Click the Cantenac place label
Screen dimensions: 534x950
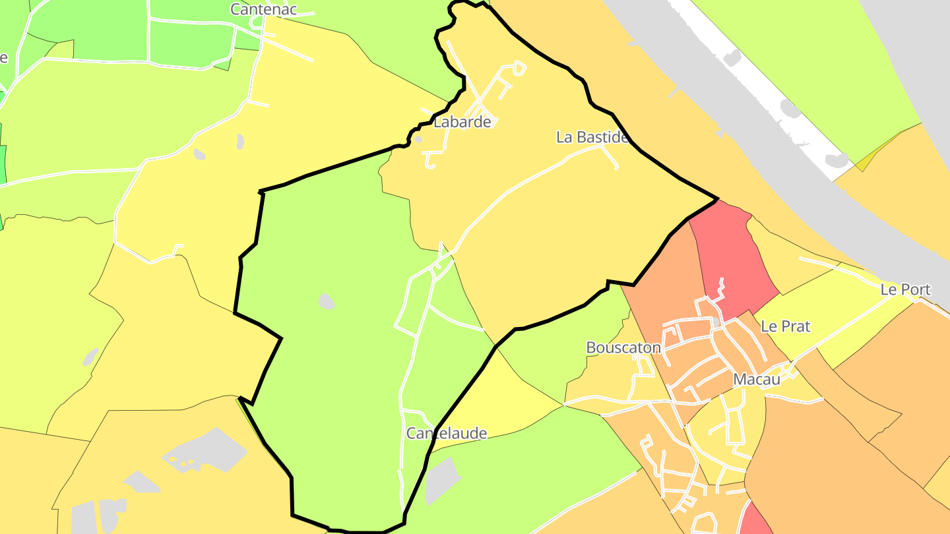(263, 9)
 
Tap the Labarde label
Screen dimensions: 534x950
(462, 122)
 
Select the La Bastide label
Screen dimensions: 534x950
(592, 137)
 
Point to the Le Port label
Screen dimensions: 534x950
(905, 289)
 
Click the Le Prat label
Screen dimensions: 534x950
(785, 326)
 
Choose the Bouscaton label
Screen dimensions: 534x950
(623, 347)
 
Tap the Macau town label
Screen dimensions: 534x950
(757, 380)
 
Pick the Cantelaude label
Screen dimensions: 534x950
(447, 434)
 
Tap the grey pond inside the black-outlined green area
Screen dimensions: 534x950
(327, 302)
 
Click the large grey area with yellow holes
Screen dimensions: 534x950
(205, 452)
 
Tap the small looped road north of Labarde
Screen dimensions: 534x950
(519, 68)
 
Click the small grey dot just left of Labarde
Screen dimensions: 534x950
(418, 139)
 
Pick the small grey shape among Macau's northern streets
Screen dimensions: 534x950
(716, 322)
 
